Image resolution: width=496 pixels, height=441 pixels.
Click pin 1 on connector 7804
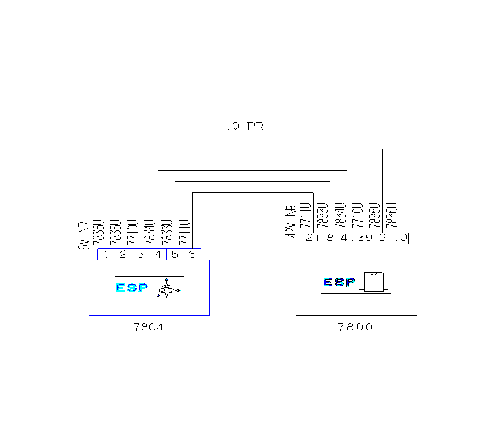pos(105,254)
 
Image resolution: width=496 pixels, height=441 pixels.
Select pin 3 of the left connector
pos(140,254)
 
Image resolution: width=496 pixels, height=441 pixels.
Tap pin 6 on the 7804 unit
pos(192,254)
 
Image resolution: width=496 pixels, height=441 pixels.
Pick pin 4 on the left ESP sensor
pos(158,254)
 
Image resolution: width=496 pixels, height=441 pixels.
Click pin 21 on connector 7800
pos(313,238)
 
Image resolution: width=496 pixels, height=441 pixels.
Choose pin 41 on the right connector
pos(347,238)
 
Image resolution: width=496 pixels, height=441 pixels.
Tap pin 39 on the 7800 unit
pos(365,238)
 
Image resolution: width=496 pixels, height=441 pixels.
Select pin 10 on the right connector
pos(400,238)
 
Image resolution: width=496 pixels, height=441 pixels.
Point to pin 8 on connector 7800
pos(330,238)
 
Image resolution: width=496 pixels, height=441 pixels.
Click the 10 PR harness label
pos(244,126)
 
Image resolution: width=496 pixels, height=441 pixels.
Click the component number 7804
pos(149,327)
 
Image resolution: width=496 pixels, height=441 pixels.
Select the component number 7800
pos(355,327)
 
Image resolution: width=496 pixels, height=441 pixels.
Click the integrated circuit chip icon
pos(374,282)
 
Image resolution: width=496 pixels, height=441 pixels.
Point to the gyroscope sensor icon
pos(167,288)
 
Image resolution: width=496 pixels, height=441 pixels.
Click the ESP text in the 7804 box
pos(132,288)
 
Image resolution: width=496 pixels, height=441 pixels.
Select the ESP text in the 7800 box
pos(339,282)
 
